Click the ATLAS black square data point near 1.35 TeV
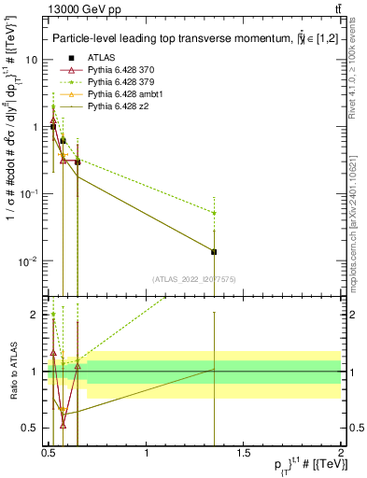(x=215, y=251)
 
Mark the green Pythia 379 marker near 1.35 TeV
(x=215, y=213)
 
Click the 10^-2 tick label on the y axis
(x=28, y=260)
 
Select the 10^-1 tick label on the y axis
(x=28, y=193)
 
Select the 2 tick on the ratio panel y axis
(x=36, y=315)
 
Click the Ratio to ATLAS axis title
(x=12, y=372)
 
